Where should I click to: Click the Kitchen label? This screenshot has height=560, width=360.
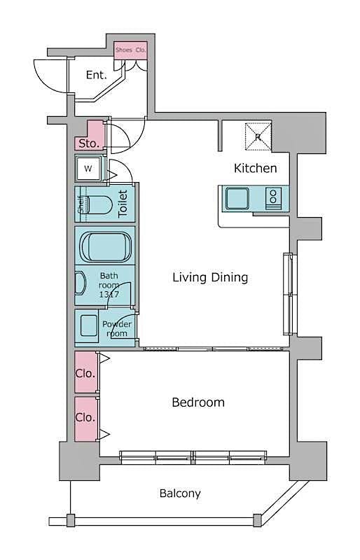(255, 168)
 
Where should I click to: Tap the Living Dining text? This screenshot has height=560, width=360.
(210, 277)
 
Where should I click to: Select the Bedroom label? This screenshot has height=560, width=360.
(198, 402)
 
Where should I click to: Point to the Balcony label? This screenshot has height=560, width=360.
(180, 493)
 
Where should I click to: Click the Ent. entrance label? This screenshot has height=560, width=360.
(96, 75)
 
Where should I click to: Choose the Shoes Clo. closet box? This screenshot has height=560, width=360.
(131, 50)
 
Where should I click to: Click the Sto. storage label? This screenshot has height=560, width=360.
(88, 143)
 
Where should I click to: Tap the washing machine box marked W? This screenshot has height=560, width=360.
(88, 169)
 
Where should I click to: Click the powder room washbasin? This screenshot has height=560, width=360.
(88, 327)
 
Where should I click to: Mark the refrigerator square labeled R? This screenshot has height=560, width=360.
(258, 136)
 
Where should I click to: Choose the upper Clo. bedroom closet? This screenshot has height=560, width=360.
(85, 374)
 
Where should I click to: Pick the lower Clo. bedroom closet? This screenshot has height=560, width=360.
(85, 418)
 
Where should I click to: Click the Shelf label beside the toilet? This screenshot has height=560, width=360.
(81, 205)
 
